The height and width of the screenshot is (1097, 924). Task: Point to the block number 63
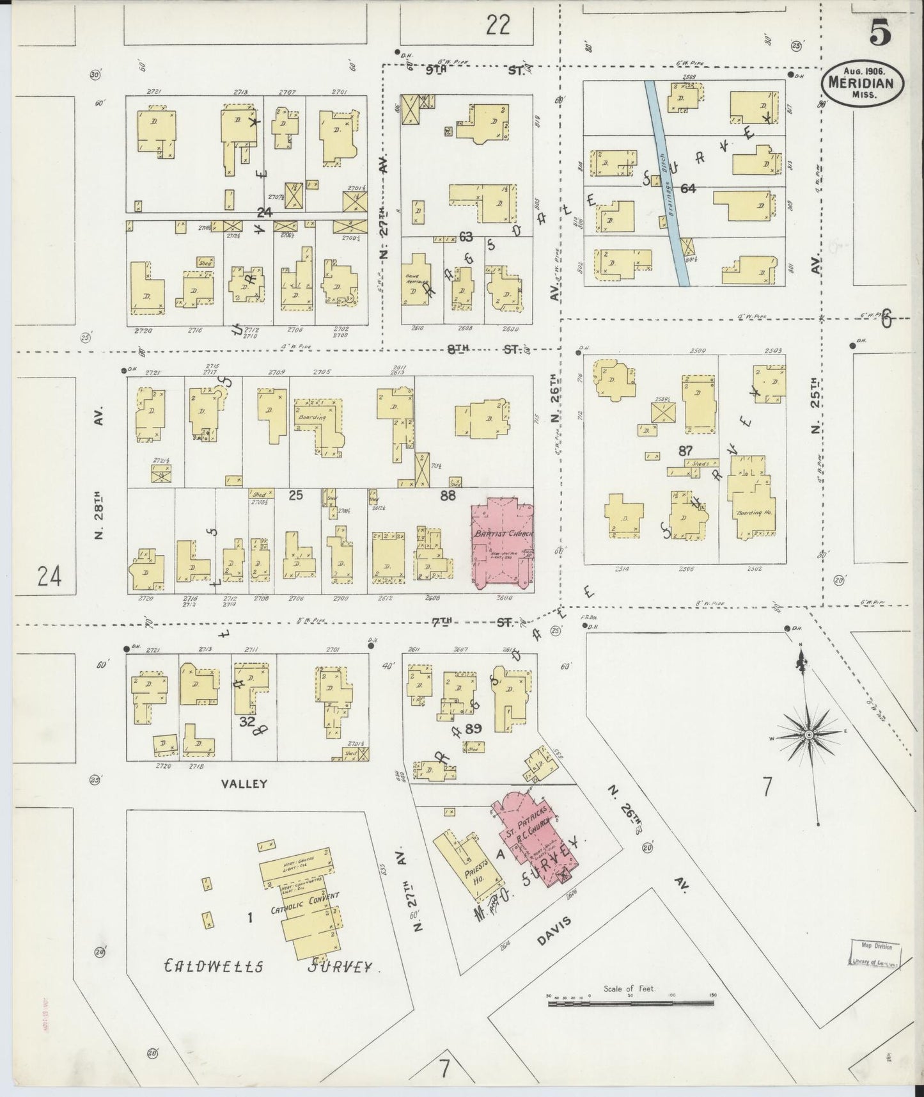point(466,237)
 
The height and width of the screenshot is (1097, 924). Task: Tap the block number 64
point(688,188)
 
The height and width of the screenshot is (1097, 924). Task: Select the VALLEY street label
point(245,783)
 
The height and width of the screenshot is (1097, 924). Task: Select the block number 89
point(473,728)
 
